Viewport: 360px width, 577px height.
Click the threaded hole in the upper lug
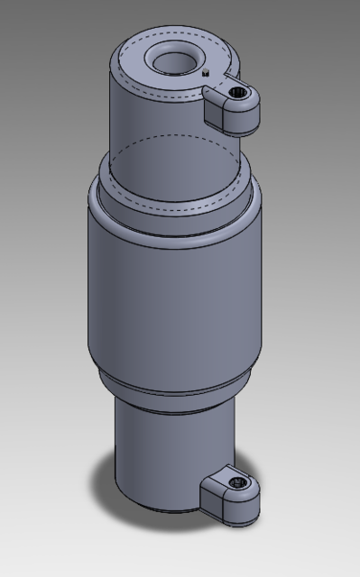pyautogui.click(x=238, y=93)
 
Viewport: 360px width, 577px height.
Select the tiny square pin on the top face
pyautogui.click(x=207, y=73)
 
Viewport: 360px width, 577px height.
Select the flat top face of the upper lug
pyautogui.click(x=222, y=90)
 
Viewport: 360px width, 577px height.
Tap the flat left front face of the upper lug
pyautogui.click(x=215, y=114)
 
